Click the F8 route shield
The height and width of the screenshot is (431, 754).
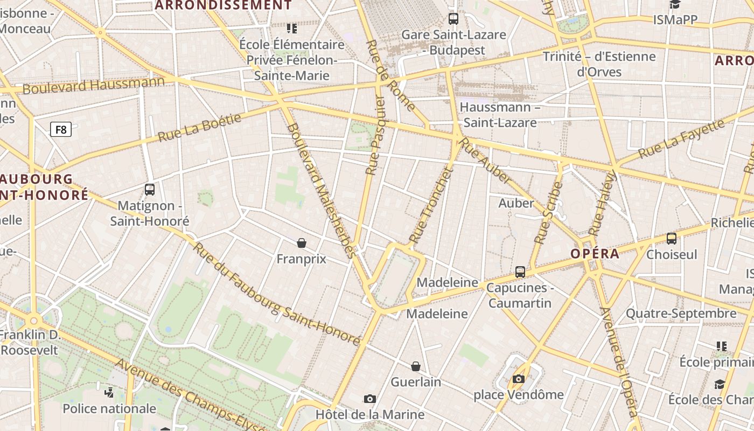[x=61, y=129]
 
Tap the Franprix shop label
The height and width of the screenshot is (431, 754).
[x=301, y=259]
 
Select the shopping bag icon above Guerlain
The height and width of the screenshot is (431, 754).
[x=416, y=366]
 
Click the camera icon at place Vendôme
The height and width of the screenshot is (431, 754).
[x=519, y=379]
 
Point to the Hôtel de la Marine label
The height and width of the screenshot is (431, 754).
[x=370, y=414]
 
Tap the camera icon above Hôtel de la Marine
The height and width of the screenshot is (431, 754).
[x=369, y=399]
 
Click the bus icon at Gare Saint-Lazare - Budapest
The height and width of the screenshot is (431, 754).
[x=453, y=19]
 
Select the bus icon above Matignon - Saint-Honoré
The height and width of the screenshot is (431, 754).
[x=150, y=190]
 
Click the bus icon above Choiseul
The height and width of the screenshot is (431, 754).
[x=672, y=238]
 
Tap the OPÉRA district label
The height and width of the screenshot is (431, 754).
[x=595, y=254]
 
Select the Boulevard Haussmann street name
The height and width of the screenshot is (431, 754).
[x=94, y=85]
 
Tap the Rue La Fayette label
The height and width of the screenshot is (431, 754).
[x=681, y=138]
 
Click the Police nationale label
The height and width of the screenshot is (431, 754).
[x=109, y=408]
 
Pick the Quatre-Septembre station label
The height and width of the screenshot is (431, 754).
[x=681, y=313]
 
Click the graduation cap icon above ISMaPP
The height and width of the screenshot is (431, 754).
[x=675, y=5]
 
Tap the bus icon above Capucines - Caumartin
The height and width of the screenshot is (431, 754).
[x=520, y=272]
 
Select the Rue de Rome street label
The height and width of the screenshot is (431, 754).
[x=390, y=75]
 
